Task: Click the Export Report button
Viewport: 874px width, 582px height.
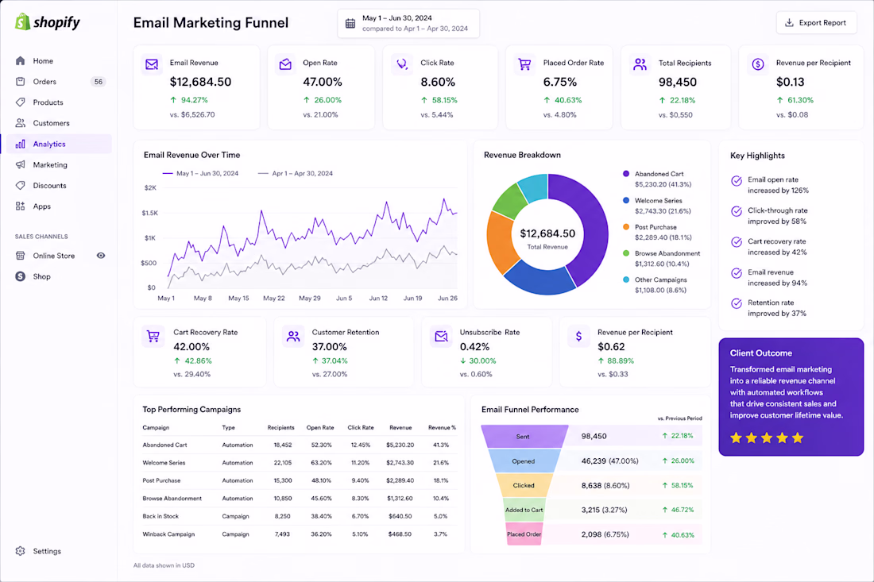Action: [x=816, y=23]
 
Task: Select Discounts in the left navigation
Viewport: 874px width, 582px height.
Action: [x=49, y=186]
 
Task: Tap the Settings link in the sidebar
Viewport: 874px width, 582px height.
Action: [x=47, y=551]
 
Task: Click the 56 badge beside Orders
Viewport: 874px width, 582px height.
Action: [x=98, y=81]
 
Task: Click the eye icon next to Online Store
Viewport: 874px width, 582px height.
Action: [x=101, y=256]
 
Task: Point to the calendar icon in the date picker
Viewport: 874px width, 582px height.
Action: [x=350, y=23]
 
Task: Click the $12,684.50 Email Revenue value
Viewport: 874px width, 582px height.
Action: [x=200, y=82]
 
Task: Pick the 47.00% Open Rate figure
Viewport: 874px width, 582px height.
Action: [x=322, y=82]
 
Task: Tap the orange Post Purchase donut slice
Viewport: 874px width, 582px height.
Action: [x=501, y=241]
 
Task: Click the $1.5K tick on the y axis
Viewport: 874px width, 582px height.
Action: [x=149, y=213]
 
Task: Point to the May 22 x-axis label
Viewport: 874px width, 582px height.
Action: [x=273, y=298]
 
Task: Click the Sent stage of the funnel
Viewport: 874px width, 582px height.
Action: [x=524, y=437]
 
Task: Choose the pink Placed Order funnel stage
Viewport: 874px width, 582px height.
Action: [x=524, y=534]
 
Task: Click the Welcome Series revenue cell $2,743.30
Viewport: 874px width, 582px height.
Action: [x=400, y=463]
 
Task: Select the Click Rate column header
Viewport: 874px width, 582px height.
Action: [x=361, y=428]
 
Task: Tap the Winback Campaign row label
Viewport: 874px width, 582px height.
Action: [x=168, y=534]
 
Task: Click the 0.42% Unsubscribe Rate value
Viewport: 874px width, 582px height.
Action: [x=474, y=346]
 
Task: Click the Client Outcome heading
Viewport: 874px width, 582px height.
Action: [x=761, y=353]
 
